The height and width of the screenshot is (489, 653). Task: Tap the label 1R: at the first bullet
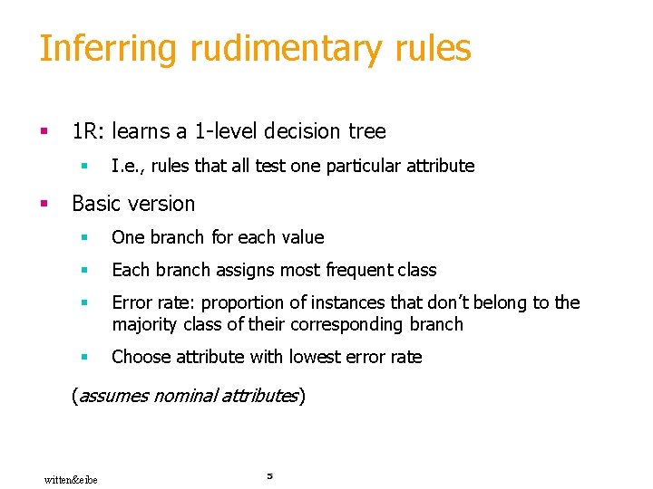click(89, 131)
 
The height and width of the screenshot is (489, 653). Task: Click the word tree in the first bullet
click(367, 131)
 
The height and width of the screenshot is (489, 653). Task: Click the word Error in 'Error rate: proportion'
click(132, 302)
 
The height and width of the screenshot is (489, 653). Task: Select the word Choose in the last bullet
click(139, 357)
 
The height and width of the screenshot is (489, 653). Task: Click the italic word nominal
click(185, 396)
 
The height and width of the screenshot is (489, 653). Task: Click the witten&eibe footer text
click(71, 479)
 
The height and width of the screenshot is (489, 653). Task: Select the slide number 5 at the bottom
click(269, 475)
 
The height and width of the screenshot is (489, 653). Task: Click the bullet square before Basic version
click(43, 205)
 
